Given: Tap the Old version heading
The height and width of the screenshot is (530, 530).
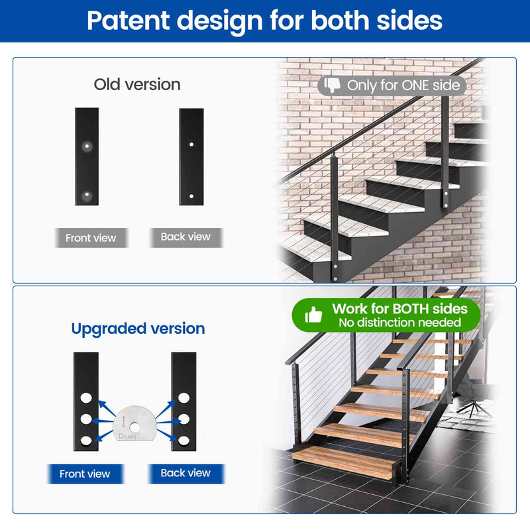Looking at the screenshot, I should tap(137, 85).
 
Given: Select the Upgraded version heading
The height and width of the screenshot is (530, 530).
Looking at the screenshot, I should tap(138, 329).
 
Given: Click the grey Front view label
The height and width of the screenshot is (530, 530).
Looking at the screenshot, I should tap(91, 238).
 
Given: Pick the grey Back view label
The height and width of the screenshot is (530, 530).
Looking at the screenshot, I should tap(185, 237).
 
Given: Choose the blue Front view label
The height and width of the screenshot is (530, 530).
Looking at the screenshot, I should tap(85, 474).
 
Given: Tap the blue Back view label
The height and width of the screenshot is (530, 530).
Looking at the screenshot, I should tap(185, 473).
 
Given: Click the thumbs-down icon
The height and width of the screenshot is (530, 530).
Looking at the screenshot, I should tap(332, 85).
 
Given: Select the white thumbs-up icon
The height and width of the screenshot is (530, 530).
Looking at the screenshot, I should tap(313, 315).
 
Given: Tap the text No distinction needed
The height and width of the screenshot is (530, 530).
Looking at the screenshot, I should tap(399, 323).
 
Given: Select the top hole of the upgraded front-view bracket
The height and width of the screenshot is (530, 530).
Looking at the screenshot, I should tap(86, 399).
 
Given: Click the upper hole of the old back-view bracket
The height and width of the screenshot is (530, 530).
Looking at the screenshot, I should tap(191, 144).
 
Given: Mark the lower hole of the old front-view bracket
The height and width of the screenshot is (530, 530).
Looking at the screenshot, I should tap(86, 195).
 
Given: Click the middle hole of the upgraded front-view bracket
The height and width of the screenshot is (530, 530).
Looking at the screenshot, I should tap(86, 419).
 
